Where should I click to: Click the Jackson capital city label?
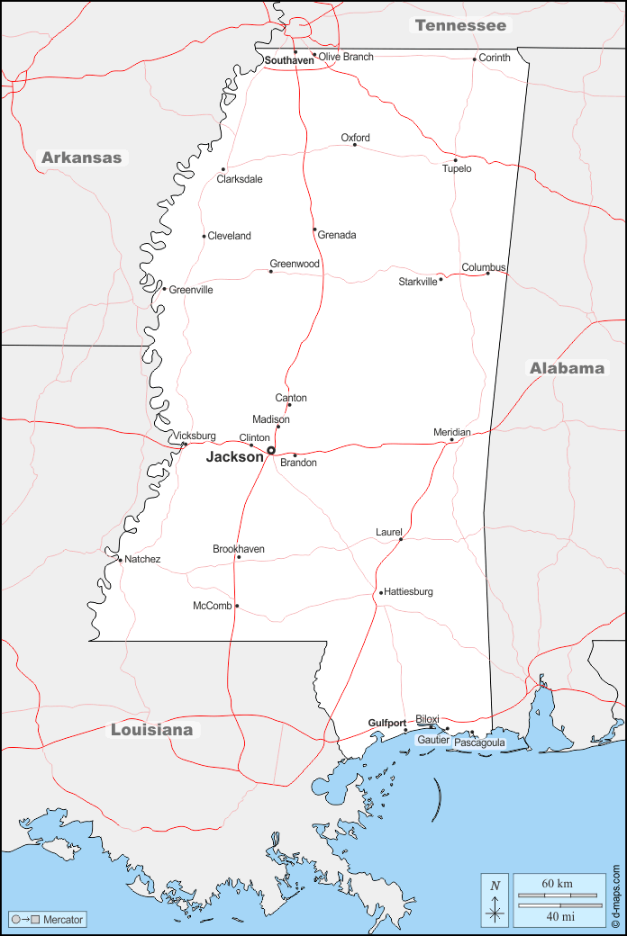(234, 457)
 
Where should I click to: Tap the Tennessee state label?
(460, 25)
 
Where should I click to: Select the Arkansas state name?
(81, 157)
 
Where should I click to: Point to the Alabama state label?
(567, 368)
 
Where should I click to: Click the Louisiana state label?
(151, 730)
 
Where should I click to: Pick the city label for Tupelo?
(457, 169)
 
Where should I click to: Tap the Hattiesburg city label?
(409, 591)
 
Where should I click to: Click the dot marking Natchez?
(120, 560)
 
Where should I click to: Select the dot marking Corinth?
(475, 59)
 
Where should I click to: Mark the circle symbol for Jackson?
(270, 450)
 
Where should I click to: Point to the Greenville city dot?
(164, 289)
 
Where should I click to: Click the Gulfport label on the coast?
(386, 723)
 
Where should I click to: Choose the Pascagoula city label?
(479, 743)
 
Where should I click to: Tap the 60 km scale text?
(558, 884)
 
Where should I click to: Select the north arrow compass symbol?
(495, 900)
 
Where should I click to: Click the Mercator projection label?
(63, 920)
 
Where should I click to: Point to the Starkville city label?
(418, 282)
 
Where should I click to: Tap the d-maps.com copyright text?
(616, 896)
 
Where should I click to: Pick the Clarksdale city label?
(240, 179)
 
